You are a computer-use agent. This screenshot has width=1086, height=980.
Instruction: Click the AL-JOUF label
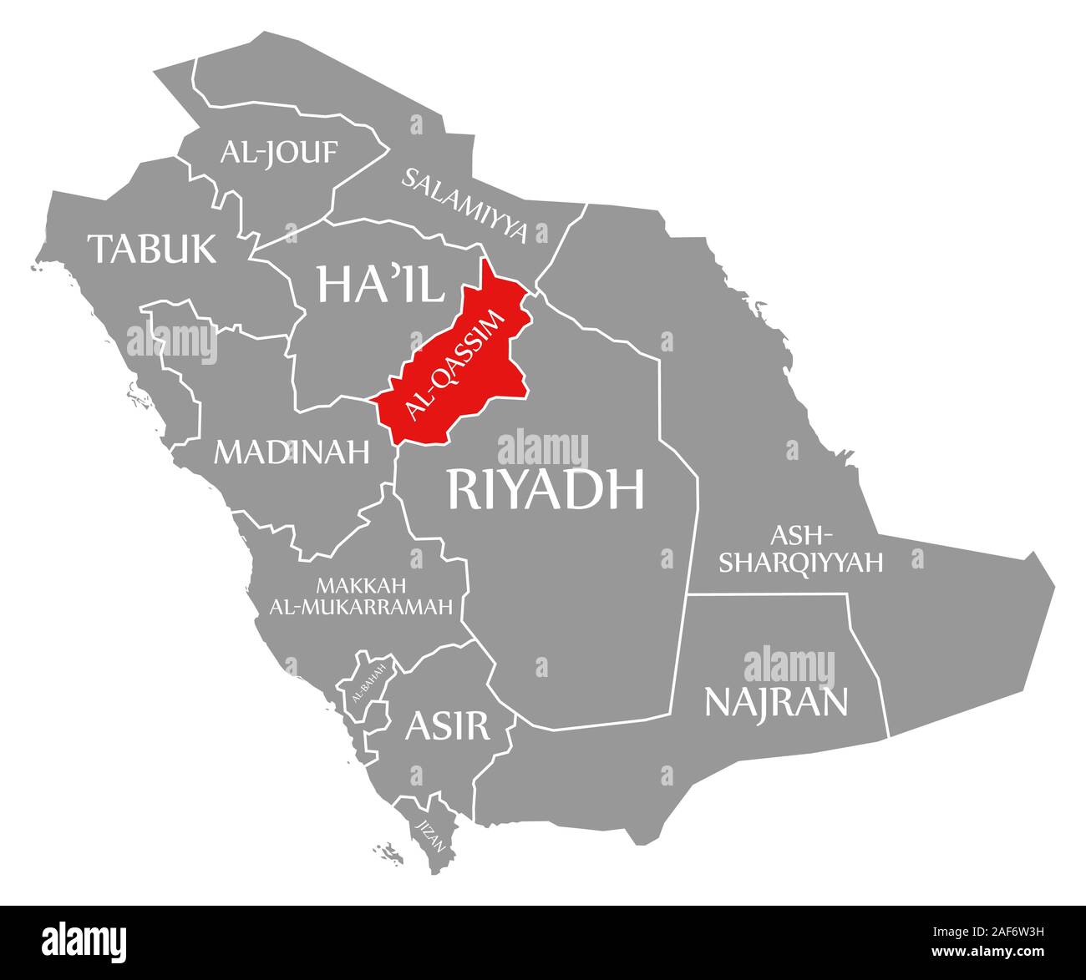[279, 152]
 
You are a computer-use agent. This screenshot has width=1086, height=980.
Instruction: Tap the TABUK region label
[153, 248]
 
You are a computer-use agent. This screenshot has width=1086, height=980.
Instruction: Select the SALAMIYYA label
[466, 205]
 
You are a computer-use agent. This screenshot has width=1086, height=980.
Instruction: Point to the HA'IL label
[380, 285]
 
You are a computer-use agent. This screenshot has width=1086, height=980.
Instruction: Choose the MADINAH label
[292, 452]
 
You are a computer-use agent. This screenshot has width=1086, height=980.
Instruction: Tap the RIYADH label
[546, 488]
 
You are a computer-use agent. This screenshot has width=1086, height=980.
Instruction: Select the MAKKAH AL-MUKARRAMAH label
[361, 595]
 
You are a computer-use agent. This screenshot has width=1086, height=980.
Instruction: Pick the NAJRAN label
[776, 701]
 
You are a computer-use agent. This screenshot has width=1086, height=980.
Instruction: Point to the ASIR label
[447, 725]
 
